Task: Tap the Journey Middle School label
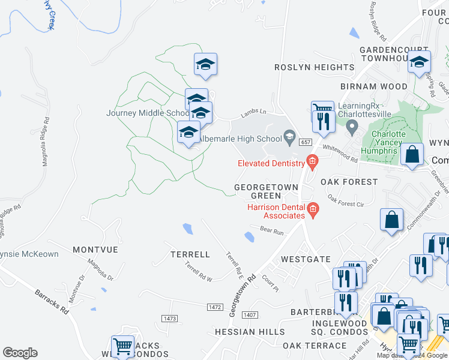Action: (148, 113)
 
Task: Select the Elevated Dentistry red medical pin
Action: (312, 161)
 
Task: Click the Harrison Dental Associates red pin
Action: (312, 209)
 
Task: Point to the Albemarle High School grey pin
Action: (289, 137)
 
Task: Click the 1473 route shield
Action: (170, 317)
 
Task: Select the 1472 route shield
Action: (215, 307)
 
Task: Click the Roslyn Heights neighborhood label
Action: (315, 68)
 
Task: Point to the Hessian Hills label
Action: (250, 331)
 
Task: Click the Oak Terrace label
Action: (315, 346)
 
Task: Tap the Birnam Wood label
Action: (365, 86)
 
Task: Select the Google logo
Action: (20, 353)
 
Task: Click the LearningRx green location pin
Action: (352, 126)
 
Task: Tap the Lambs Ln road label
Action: (253, 112)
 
